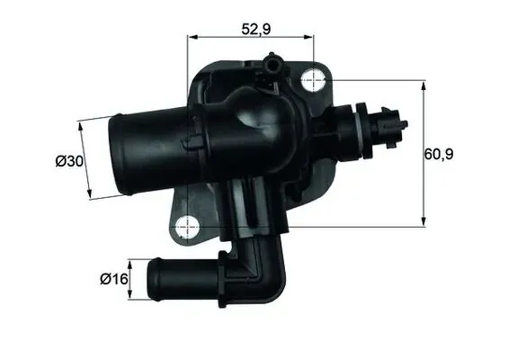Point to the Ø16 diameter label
[x=112, y=279]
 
